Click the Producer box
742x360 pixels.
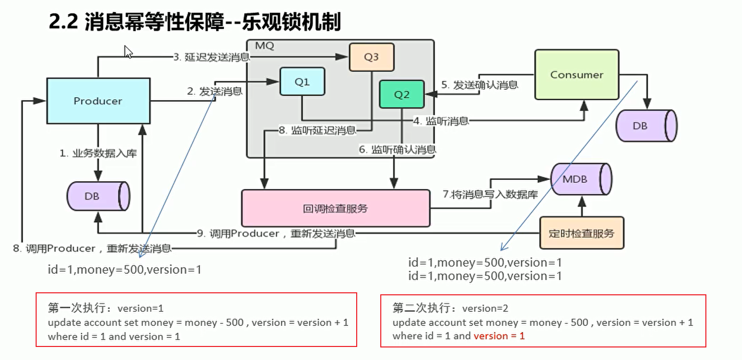pyautogui.click(x=98, y=101)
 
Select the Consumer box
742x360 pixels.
pyautogui.click(x=576, y=75)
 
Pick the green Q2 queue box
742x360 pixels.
pyautogui.click(x=402, y=94)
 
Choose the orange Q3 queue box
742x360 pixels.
pyautogui.click(x=371, y=57)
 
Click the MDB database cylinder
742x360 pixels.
pyautogui.click(x=581, y=179)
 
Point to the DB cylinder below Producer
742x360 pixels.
pyautogui.click(x=98, y=196)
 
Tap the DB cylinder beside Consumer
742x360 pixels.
pyautogui.click(x=646, y=126)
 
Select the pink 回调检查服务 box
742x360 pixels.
pyautogui.click(x=336, y=208)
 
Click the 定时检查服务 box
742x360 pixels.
pyautogui.click(x=581, y=233)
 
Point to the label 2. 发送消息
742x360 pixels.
pyautogui.click(x=215, y=91)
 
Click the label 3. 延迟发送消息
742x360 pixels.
pyautogui.click(x=211, y=57)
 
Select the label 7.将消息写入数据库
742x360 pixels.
pyautogui.click(x=490, y=195)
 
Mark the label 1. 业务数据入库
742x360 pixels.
pyautogui.click(x=98, y=154)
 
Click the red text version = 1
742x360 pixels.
pyautogui.click(x=499, y=336)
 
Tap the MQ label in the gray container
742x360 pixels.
pyautogui.click(x=264, y=46)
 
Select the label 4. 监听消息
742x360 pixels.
pyautogui.click(x=441, y=120)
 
